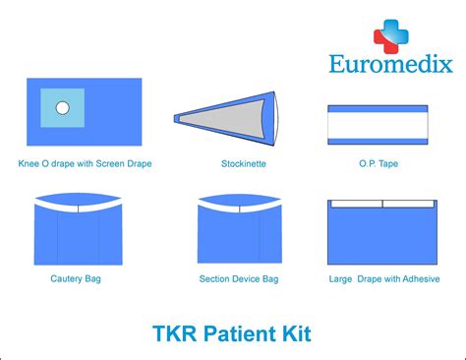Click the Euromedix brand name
pos(390,65)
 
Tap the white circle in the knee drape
pos(62,107)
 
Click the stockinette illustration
pos(226,117)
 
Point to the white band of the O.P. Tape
pos(378,125)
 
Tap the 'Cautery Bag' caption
pos(76,278)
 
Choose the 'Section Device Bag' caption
pos(239,278)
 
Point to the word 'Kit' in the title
pos(295,333)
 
